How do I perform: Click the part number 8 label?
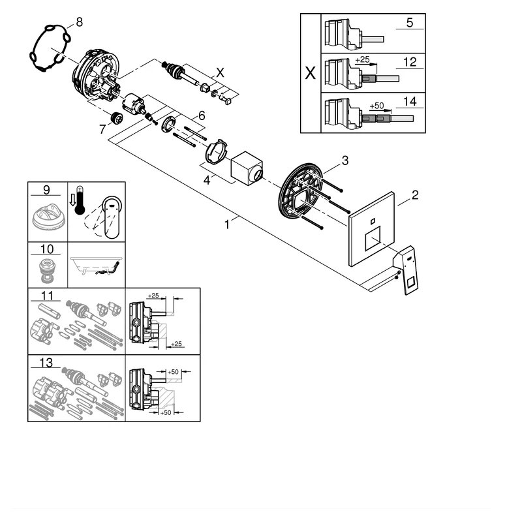tap(79, 22)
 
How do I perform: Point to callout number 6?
tap(202, 115)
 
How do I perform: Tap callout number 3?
tap(345, 160)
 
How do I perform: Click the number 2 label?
tap(415, 194)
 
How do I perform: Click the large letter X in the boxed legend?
tap(310, 72)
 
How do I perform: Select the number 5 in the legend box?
tap(409, 23)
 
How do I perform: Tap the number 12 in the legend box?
tap(409, 63)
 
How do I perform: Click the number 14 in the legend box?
tap(409, 102)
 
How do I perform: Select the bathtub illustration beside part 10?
tap(97, 264)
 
